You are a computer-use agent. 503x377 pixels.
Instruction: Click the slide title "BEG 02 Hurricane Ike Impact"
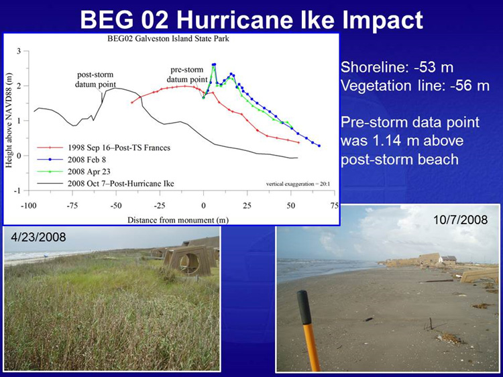[x=251, y=20]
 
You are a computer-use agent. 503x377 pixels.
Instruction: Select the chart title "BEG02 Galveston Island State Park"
[x=168, y=39]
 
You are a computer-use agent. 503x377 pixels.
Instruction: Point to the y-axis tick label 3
[x=19, y=51]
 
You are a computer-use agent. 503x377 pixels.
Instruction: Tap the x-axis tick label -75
[x=72, y=206]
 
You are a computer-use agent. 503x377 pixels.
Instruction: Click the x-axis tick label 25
[x=247, y=206]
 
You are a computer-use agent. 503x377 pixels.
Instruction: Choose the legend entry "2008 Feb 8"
[x=87, y=160]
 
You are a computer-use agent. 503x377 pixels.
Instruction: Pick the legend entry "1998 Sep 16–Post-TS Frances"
[x=119, y=148]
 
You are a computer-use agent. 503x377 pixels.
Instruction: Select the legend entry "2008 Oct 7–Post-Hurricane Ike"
[x=121, y=184]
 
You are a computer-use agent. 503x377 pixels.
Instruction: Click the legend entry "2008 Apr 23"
[x=89, y=172]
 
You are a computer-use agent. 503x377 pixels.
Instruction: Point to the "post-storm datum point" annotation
[x=95, y=80]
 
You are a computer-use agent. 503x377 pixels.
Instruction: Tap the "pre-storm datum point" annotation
[x=187, y=74]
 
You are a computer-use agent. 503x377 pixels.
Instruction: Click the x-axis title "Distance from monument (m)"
[x=178, y=220]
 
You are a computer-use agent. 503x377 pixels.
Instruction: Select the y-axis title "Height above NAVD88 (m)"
[x=9, y=121]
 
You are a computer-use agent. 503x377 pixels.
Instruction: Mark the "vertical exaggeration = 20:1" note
[x=298, y=184]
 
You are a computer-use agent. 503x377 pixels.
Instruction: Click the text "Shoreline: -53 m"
[x=397, y=67]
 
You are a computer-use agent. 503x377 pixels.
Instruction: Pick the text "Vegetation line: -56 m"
[x=415, y=86]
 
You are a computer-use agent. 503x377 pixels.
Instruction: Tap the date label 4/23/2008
[x=38, y=237]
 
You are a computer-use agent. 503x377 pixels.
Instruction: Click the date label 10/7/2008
[x=460, y=219]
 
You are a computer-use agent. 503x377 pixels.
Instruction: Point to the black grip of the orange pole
[x=304, y=307]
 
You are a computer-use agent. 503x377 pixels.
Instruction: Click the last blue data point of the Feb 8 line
[x=319, y=146]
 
